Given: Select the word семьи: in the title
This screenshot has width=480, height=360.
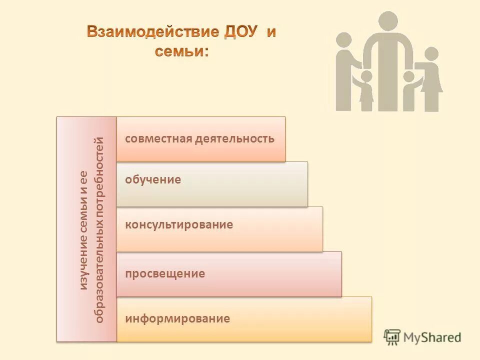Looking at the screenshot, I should [181, 51].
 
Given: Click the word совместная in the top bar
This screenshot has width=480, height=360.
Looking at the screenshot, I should [151, 138].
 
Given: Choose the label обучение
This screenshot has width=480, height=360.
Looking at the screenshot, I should [153, 179].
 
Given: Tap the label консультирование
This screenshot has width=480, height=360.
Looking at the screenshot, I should [179, 224].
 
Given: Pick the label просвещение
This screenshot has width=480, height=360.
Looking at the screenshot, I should [165, 273].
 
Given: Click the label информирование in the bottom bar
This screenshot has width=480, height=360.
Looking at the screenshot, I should [177, 318].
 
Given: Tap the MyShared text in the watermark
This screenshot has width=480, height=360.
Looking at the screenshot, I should [432, 337].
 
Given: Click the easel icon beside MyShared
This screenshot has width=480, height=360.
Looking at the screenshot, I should [392, 336].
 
